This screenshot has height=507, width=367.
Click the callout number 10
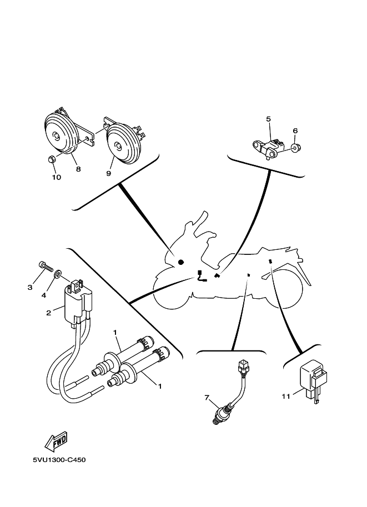pos(57,177)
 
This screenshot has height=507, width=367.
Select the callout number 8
pos(78,169)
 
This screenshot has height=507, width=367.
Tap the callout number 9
pos(109,173)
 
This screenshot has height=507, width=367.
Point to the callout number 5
pos(268,119)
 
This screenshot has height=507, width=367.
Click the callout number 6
pos(295,130)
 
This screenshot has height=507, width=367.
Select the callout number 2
pos(48,313)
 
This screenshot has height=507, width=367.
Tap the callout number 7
pos(207,397)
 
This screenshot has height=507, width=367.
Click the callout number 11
pos(286,396)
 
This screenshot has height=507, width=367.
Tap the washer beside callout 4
pos(58,274)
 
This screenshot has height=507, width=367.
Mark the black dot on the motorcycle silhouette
pos(180,262)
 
